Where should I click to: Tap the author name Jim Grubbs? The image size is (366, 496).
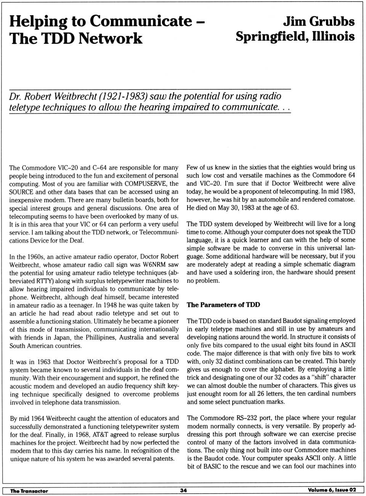click(318, 21)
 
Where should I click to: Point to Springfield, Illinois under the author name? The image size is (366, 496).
click(295, 37)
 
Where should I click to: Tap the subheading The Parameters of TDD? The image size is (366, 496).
click(223, 305)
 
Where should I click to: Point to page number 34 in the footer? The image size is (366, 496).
click(183, 490)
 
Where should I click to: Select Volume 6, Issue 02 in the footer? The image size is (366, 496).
click(332, 490)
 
